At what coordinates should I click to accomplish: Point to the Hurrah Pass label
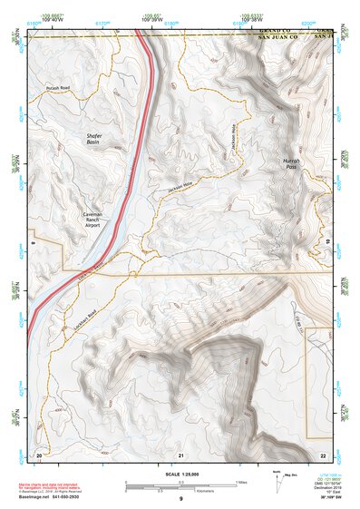point(284,163)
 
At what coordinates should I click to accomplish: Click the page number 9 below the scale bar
point(180,500)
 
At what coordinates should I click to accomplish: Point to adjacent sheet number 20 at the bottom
point(38,454)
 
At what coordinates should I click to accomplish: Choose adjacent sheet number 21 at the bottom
point(180,454)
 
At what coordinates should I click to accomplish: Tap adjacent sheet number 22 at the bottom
point(322,454)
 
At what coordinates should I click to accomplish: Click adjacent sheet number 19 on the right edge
point(326,242)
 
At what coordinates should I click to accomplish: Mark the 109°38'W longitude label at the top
point(251,20)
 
